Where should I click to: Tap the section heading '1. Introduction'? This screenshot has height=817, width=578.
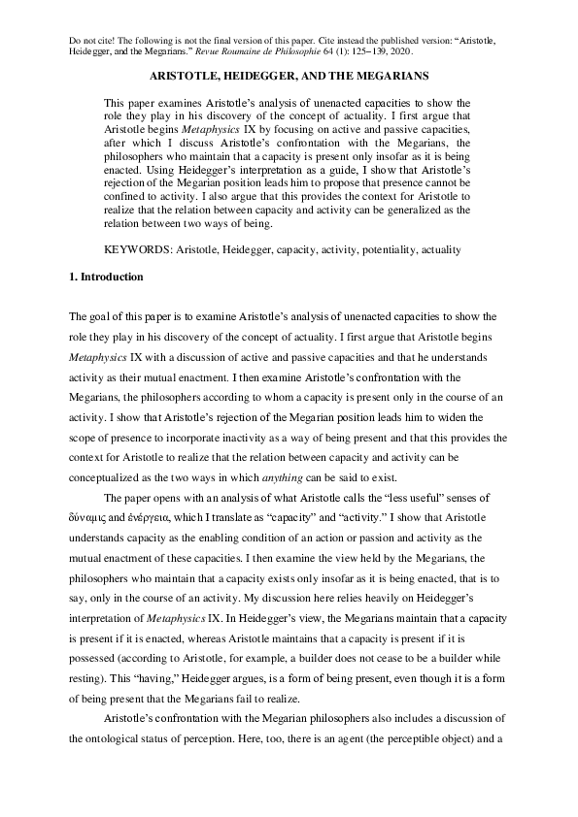(x=107, y=278)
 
